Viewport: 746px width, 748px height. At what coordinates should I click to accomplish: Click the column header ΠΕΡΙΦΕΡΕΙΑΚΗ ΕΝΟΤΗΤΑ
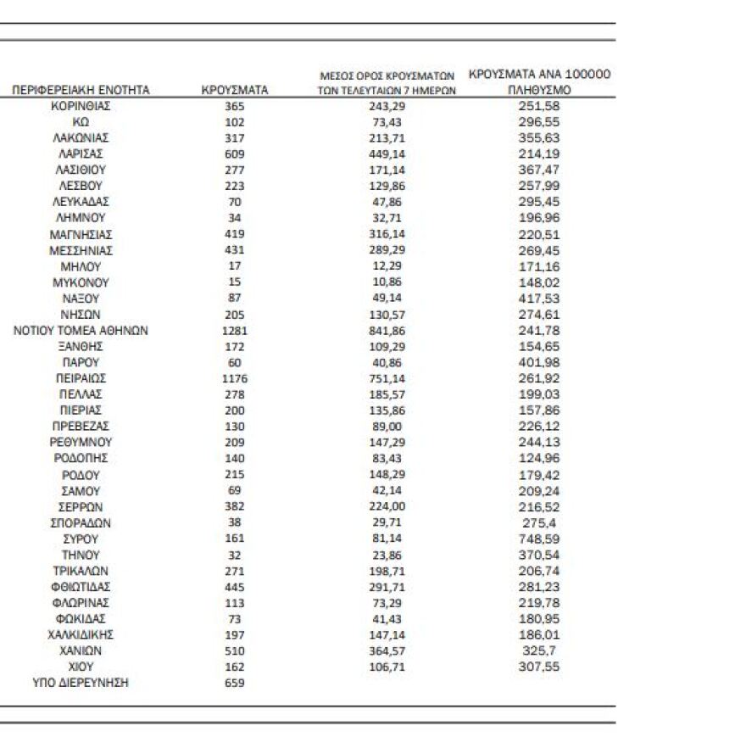pos(81,90)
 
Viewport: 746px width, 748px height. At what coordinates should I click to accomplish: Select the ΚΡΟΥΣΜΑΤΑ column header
pos(235,90)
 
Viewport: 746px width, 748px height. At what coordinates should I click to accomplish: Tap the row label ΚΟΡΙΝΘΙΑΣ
pos(81,106)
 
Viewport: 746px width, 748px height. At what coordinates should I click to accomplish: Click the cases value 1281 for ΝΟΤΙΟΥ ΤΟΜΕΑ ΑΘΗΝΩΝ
pos(235,330)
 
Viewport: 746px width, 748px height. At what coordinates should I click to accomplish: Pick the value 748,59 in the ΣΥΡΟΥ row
pos(539,539)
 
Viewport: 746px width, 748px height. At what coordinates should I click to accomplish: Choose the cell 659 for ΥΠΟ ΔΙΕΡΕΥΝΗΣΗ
pos(235,683)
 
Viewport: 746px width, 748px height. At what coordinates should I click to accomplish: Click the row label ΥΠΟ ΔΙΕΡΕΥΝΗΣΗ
pos(81,683)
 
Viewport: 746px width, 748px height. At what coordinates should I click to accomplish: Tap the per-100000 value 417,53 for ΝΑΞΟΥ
pos(539,299)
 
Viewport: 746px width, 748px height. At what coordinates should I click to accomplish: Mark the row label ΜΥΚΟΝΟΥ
pos(81,282)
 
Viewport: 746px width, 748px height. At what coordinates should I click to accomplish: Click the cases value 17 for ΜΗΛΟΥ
pos(235,266)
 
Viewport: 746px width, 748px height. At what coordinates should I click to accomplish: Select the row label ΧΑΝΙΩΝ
pos(81,650)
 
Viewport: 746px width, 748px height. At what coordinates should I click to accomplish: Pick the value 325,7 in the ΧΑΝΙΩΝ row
pos(539,650)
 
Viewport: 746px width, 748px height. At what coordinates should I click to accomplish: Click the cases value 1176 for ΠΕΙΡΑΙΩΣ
pos(235,378)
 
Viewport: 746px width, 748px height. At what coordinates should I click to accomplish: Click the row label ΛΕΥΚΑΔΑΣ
pos(81,202)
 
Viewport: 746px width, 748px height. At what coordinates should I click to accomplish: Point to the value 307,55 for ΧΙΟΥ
pos(539,667)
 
